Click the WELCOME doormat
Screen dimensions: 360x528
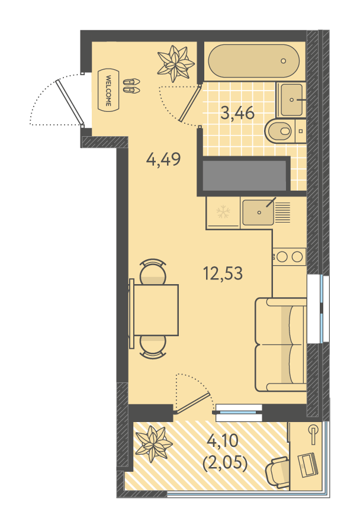tap(108, 89)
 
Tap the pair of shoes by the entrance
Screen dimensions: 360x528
tap(131, 86)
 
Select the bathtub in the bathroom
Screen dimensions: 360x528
tap(253, 61)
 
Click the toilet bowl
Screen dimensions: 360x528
tap(278, 130)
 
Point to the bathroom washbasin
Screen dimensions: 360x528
tap(292, 99)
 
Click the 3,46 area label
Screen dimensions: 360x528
tap(237, 113)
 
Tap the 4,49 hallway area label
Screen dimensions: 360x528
tap(163, 159)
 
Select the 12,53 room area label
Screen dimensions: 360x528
tap(223, 273)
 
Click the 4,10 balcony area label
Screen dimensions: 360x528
tap(223, 441)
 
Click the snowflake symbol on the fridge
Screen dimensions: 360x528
tap(223, 212)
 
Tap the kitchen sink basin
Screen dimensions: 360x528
tap(258, 213)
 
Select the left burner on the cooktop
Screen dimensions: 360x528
tap(282, 256)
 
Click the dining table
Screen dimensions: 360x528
tap(156, 310)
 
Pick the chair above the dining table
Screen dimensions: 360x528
tap(153, 272)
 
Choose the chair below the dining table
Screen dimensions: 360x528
tap(153, 347)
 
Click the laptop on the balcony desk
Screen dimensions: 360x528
tap(307, 465)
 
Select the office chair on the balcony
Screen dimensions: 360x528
tap(278, 471)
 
